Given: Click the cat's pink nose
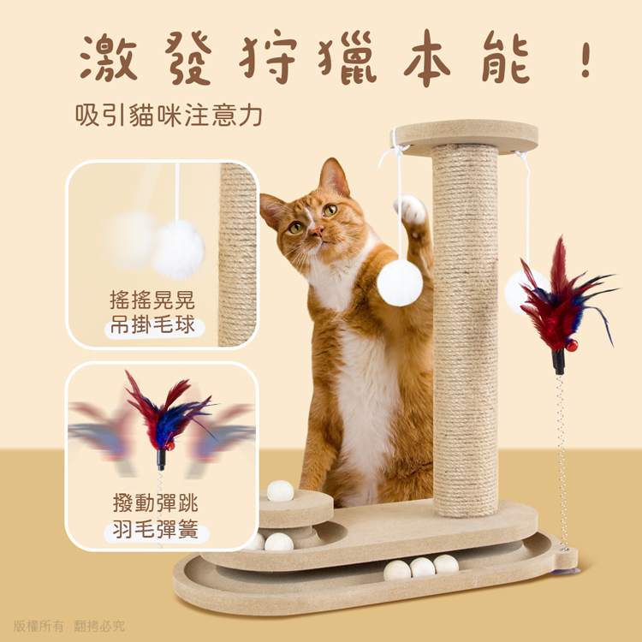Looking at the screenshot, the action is click(x=316, y=232).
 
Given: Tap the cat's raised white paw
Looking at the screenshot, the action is click(x=411, y=210).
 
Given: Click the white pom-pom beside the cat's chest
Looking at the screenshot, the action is click(x=400, y=283).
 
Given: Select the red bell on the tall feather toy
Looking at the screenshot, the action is click(x=571, y=346).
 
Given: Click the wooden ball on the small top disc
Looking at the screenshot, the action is click(x=281, y=491).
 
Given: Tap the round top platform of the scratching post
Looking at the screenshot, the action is click(x=465, y=137).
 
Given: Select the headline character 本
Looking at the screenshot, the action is click(x=427, y=57).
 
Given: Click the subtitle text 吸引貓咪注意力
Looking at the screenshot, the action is click(x=169, y=115).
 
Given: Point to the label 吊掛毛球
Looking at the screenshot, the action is click(x=152, y=326).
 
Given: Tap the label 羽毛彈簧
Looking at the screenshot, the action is click(x=156, y=529).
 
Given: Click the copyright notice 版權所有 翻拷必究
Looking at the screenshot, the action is click(x=68, y=626).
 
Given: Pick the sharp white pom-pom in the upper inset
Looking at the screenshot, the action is click(x=178, y=250).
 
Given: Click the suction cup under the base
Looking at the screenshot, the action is click(x=566, y=570).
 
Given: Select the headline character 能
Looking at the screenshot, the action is click(x=506, y=57).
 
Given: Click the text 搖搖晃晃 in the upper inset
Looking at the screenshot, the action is click(x=152, y=300).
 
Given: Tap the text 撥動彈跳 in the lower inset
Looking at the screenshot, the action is click(x=156, y=503).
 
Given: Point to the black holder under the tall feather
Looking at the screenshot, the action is click(x=558, y=362).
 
